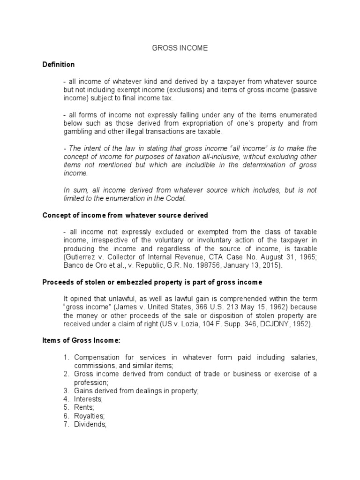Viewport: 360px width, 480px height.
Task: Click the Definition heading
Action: tap(58, 64)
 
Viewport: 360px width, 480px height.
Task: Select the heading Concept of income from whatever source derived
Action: tap(125, 215)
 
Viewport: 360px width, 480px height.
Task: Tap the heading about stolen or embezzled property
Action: tap(152, 282)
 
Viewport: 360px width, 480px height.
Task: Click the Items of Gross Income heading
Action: tap(82, 341)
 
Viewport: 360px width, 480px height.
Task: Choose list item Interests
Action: tap(88, 399)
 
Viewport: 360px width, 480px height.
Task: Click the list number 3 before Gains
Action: tap(67, 390)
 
